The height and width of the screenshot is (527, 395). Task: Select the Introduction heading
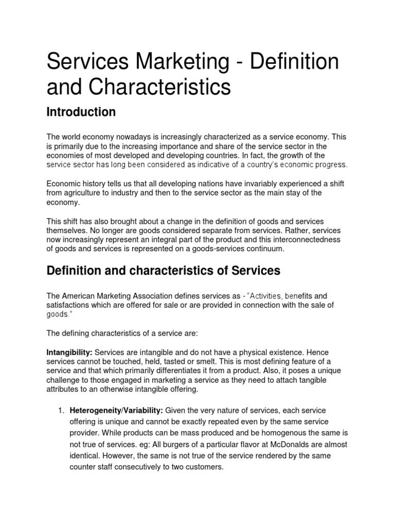81,112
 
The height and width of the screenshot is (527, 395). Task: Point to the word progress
330,165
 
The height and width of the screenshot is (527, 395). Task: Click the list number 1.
61,410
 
